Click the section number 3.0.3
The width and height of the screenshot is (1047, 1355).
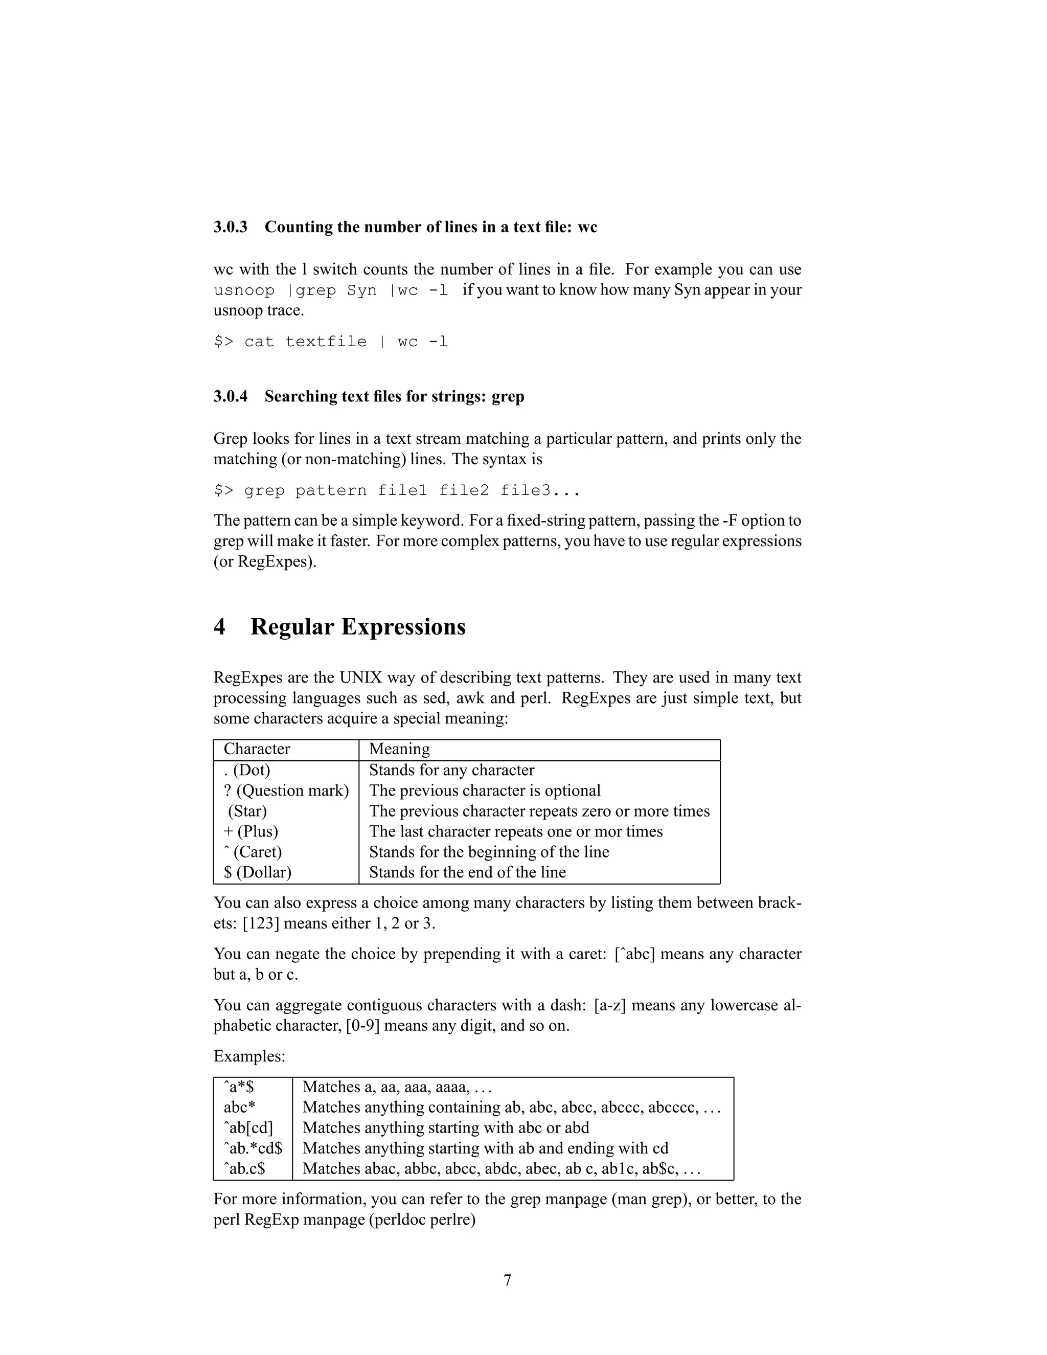pos(230,227)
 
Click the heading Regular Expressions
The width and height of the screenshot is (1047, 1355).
pos(358,627)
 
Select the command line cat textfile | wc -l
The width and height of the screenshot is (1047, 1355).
pos(331,342)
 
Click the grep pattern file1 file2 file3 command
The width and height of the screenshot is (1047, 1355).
pos(397,491)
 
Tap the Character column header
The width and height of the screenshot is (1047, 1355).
pos(257,749)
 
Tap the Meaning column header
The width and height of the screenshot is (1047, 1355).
pos(399,749)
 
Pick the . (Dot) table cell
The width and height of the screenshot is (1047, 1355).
pos(247,770)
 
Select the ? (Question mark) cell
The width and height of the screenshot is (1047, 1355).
pos(286,791)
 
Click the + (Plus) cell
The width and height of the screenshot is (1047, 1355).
pos(251,831)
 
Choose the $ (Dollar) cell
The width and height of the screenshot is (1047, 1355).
pos(258,872)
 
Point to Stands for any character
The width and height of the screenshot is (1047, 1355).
pos(451,770)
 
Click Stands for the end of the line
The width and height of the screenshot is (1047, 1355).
pos(467,872)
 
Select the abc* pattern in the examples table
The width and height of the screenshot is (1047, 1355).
pos(239,1107)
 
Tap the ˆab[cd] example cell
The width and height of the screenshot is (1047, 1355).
pos(248,1127)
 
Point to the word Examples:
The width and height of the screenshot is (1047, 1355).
pos(249,1056)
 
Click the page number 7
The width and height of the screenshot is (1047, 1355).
pos(507,1280)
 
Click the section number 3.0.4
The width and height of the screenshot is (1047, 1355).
pos(230,396)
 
